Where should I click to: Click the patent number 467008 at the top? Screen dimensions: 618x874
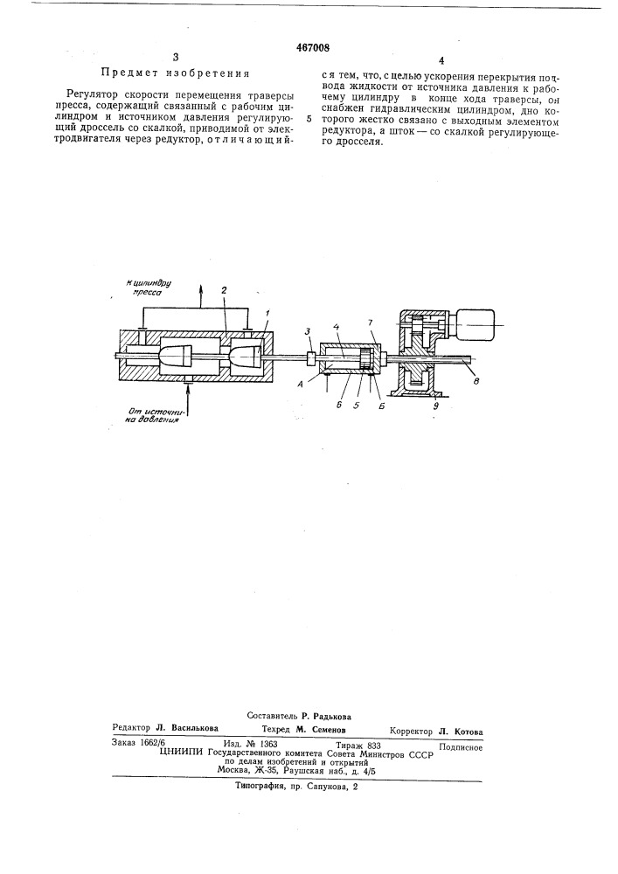tap(309, 48)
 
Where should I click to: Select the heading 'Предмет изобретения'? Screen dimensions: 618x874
tap(175, 73)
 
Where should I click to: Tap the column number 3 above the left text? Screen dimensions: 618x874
tap(176, 57)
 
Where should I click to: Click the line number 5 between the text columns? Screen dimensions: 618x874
tap(309, 119)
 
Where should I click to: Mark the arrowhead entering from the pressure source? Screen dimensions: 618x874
tap(189, 388)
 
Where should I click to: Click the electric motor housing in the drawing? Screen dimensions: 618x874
tap(476, 325)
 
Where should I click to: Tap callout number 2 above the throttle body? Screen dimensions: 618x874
tap(224, 290)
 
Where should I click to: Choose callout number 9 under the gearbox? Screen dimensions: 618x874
tap(435, 406)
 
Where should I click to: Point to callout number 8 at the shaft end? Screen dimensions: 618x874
tap(474, 381)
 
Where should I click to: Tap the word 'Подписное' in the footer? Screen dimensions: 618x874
tap(461, 748)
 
